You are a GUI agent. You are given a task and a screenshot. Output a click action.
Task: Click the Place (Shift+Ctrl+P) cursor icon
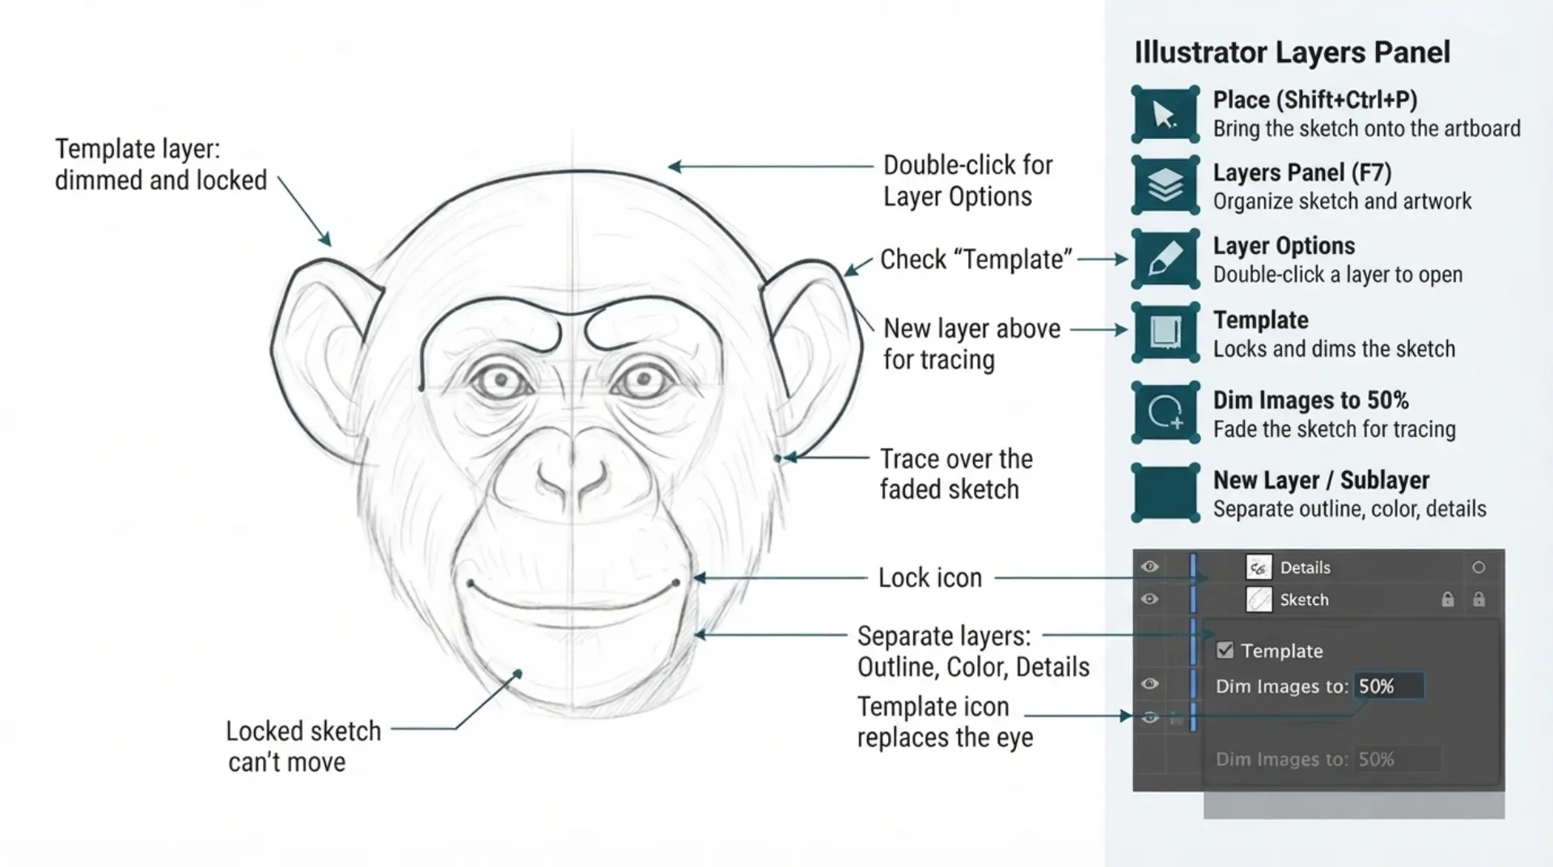(x=1165, y=114)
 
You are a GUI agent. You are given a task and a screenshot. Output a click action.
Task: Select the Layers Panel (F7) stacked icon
(x=1165, y=185)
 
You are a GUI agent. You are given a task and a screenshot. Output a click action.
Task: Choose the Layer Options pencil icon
(x=1165, y=259)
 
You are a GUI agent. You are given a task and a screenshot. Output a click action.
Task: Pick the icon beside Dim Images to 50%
(x=1165, y=412)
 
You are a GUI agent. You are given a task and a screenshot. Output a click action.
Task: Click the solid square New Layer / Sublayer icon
(x=1165, y=493)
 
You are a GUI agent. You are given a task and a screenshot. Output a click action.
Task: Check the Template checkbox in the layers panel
(x=1225, y=650)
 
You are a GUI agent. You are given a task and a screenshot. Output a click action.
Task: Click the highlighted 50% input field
(x=1389, y=686)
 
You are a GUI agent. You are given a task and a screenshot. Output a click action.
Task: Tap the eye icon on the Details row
(x=1149, y=567)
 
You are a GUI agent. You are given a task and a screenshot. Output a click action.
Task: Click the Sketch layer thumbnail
(x=1259, y=599)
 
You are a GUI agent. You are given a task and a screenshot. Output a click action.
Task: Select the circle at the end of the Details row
(x=1479, y=568)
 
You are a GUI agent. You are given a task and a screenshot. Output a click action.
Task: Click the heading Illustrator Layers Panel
(x=1292, y=53)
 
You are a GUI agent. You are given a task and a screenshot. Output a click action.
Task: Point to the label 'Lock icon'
(x=930, y=577)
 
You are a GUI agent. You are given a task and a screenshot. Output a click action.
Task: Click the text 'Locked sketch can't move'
(x=303, y=746)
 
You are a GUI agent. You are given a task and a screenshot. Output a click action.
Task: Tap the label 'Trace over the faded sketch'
(x=956, y=474)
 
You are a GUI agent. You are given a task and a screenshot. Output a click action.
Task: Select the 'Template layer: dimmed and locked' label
(x=160, y=164)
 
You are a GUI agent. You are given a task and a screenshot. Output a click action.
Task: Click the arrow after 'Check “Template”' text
(x=1102, y=259)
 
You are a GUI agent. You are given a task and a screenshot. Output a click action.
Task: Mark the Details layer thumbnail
(x=1259, y=567)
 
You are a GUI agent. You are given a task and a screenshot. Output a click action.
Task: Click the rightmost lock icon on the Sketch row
(x=1479, y=599)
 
